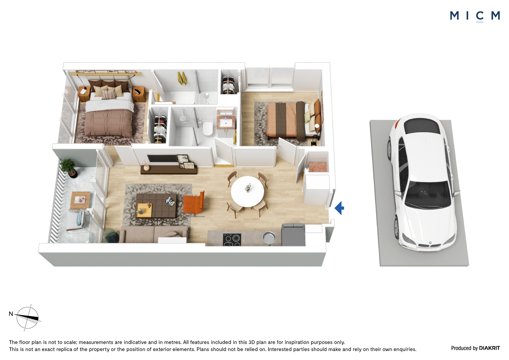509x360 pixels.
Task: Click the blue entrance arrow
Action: pos(339,208)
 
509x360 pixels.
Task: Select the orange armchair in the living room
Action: pos(194,203)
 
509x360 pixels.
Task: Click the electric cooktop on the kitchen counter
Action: pos(232,240)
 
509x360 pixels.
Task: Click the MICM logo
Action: pos(475,16)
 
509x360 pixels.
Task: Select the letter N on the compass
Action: pos(11,314)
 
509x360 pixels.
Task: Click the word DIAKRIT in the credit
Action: pos(490,348)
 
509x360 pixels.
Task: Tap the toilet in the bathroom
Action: pos(207,129)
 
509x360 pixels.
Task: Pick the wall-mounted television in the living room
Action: pos(162,159)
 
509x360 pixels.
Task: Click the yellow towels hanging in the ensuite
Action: pos(182,78)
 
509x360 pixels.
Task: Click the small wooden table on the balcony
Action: pos(80,200)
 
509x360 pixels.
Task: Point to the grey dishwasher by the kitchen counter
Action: pos(293,235)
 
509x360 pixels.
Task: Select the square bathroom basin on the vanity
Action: pos(226,123)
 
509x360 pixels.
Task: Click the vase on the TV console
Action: pos(146,167)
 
